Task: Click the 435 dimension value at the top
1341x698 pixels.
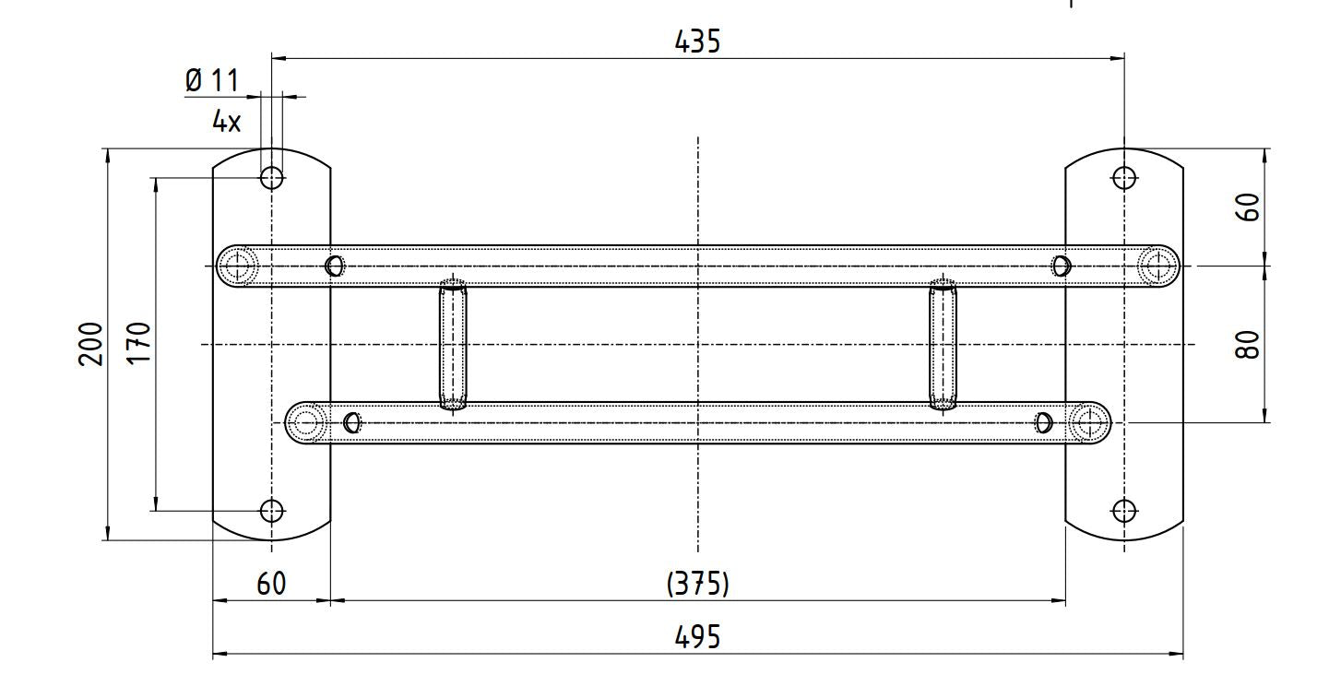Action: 697,41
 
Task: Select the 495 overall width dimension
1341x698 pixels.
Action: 697,637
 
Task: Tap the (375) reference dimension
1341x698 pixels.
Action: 697,584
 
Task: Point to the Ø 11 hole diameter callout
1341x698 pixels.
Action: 212,81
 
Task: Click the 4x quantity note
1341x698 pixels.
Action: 226,122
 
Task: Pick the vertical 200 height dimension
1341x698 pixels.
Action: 91,344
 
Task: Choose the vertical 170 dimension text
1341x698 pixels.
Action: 139,342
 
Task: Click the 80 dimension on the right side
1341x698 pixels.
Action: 1248,344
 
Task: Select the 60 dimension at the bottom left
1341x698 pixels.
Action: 271,584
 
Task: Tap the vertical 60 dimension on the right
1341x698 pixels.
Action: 1248,207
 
